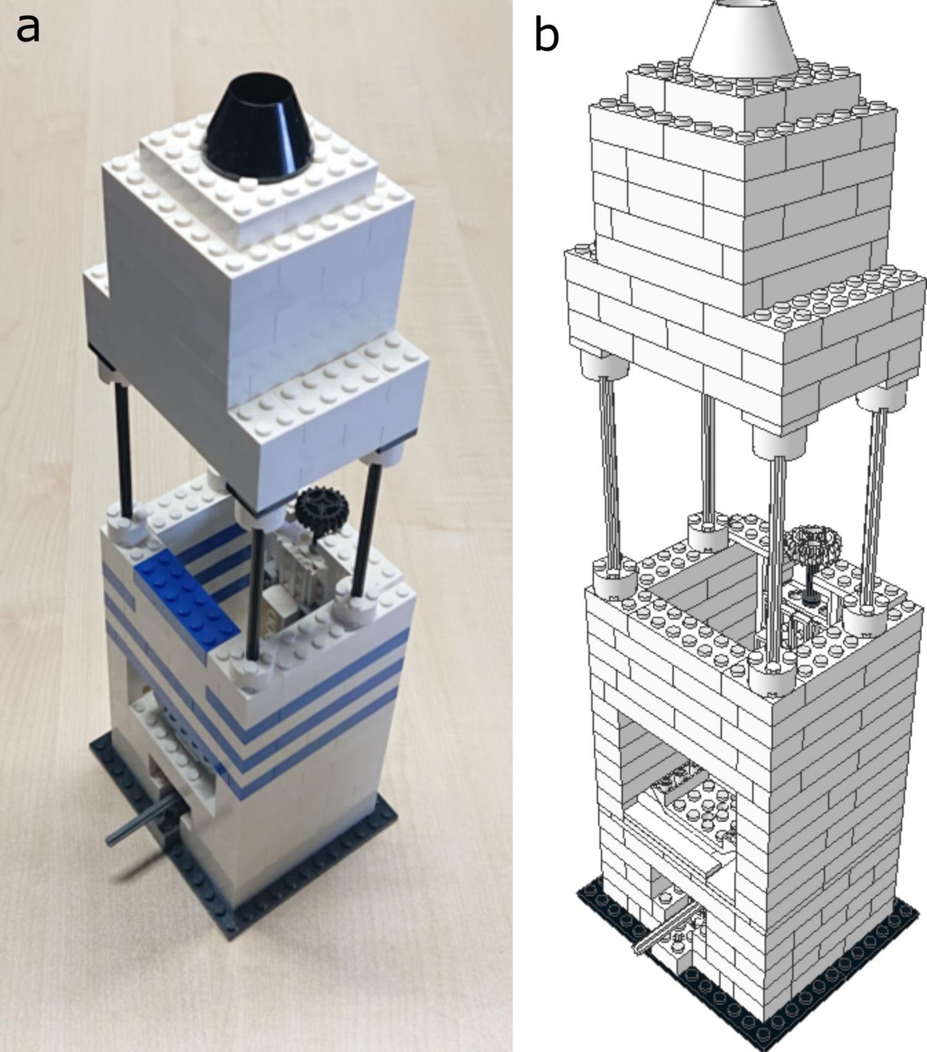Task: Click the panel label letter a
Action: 28,28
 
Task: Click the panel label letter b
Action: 547,36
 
